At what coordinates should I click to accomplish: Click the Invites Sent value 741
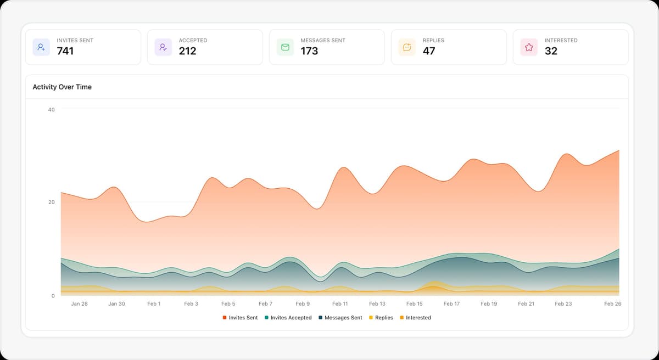coord(65,51)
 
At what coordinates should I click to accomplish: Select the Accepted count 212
coord(187,51)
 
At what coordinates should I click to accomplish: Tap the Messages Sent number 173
coord(309,51)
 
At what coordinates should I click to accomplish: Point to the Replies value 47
coord(429,51)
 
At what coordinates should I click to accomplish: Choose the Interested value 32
coord(551,51)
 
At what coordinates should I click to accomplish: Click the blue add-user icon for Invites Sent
coord(41,47)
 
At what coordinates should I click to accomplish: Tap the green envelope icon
coord(285,47)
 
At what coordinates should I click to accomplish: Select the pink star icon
coord(529,47)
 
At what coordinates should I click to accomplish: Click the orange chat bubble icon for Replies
coord(407,47)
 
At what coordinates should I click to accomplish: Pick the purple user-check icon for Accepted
coord(163,47)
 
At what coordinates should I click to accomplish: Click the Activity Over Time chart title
coord(62,87)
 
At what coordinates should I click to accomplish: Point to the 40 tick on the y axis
coord(52,110)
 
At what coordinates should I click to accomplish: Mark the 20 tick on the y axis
coord(52,203)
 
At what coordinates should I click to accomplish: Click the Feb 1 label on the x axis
coord(154,303)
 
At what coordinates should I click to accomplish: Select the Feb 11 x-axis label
coord(340,303)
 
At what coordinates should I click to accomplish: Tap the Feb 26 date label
coord(612,303)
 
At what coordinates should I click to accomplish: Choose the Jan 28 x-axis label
coord(79,303)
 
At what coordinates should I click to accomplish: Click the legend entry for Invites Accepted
coord(288,318)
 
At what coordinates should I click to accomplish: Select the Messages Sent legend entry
coord(340,318)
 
